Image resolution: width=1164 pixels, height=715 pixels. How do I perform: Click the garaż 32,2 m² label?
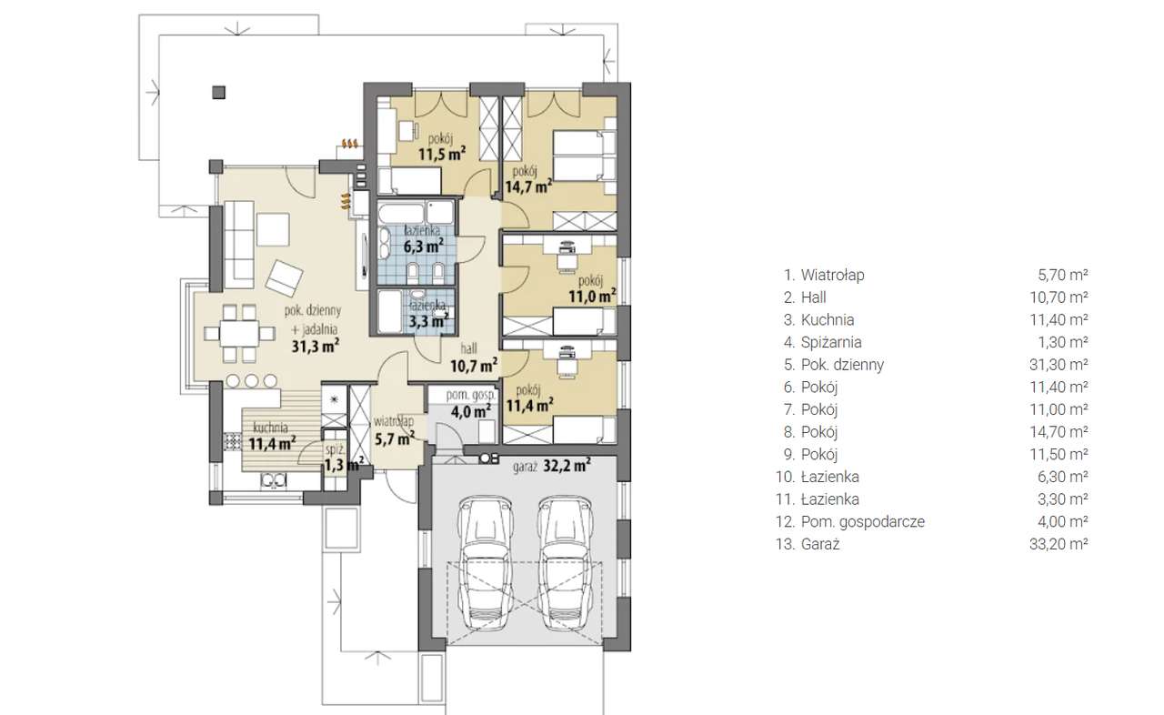tap(551, 466)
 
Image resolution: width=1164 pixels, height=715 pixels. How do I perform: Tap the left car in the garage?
tap(485, 564)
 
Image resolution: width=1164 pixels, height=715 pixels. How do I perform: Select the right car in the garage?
tap(565, 564)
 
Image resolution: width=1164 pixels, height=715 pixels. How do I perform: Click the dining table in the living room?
tap(239, 333)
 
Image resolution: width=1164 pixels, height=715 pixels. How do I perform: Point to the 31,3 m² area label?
tap(316, 346)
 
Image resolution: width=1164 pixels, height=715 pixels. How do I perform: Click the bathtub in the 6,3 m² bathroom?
tap(401, 214)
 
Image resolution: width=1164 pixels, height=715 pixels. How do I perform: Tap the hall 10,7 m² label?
tap(473, 358)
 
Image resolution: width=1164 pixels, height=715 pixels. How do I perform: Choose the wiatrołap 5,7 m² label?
tap(395, 431)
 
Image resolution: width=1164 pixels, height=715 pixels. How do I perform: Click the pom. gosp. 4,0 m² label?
tap(470, 404)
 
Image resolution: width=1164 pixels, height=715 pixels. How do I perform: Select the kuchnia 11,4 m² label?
tap(272, 436)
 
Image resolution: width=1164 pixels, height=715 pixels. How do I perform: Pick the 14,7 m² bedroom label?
tap(528, 179)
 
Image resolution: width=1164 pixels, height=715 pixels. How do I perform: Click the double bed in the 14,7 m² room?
tap(584, 156)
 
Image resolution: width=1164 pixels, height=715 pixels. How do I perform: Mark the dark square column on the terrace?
tap(219, 93)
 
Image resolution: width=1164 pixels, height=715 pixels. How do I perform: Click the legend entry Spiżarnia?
tap(831, 342)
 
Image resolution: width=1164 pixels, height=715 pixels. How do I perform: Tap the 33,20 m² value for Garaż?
tap(1059, 544)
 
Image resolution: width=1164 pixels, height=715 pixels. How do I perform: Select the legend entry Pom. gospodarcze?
tap(863, 522)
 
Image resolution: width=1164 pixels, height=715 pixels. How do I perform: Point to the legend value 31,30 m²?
tap(1059, 365)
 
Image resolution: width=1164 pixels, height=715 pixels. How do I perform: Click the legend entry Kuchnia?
tap(828, 319)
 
